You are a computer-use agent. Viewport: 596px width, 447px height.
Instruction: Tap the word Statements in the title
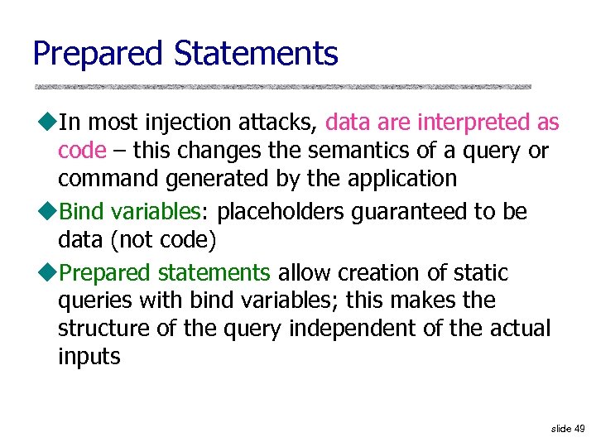tap(256, 54)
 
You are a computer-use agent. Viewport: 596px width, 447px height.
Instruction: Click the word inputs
tap(89, 357)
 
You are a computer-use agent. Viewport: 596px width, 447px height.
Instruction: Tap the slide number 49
tap(579, 429)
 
